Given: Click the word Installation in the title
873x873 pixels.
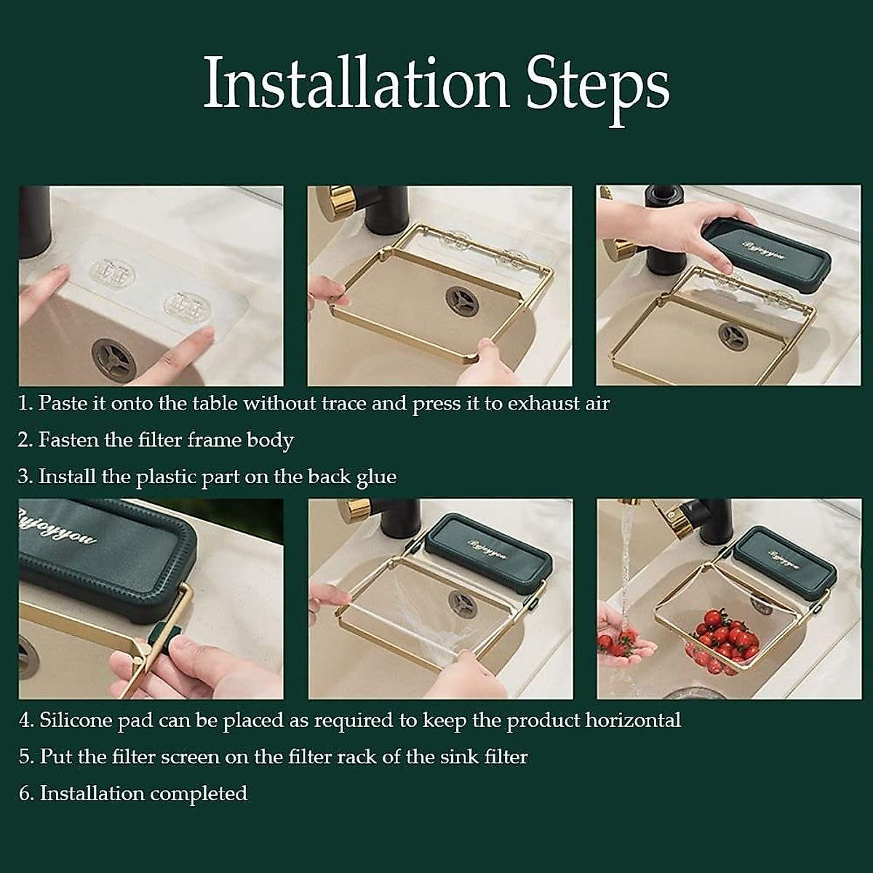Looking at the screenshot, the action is tap(356, 82).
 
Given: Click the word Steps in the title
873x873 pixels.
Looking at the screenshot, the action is tap(597, 89).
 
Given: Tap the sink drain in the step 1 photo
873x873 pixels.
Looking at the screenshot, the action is tap(114, 359).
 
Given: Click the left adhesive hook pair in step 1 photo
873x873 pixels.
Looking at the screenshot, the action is tap(113, 276).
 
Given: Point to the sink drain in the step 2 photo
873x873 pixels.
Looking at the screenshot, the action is tap(462, 300).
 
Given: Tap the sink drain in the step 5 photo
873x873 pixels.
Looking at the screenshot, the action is tap(463, 603).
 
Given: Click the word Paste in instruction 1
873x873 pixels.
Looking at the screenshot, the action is tap(62, 403).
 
